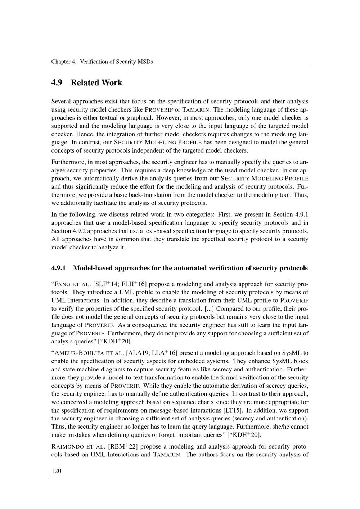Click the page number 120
(x=57, y=471)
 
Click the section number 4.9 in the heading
(x=57, y=83)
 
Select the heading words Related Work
(x=96, y=83)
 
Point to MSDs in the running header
(x=145, y=62)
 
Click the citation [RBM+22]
(x=122, y=447)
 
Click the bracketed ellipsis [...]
(x=209, y=309)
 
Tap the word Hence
(x=78, y=134)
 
